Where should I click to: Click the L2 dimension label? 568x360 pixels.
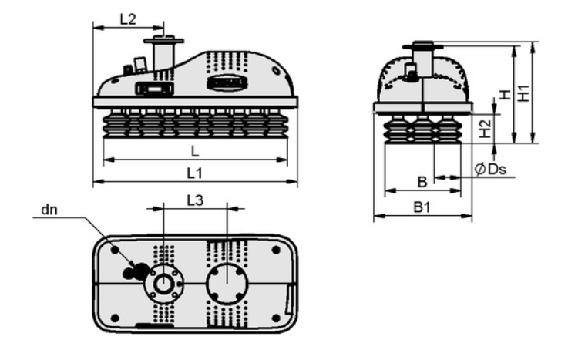coord(127,19)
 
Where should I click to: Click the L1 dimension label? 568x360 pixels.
coord(194,173)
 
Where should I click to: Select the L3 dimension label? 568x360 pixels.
coord(195,200)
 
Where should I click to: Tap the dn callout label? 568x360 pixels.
coord(49,210)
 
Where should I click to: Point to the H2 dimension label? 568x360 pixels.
coord(485,129)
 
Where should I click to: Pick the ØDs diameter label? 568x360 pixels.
coord(490,169)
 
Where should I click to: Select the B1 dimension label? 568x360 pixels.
coord(422,207)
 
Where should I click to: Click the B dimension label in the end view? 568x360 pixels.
coord(422,182)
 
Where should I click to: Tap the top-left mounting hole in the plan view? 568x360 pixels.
coord(115,250)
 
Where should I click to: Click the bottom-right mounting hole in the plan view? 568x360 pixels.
coord(276,318)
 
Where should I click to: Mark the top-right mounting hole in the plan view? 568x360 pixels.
coord(276,250)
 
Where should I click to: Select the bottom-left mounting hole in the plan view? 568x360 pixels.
coord(115,318)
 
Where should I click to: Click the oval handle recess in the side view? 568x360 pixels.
coord(227,82)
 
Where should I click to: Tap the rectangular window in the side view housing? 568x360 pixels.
coord(153,89)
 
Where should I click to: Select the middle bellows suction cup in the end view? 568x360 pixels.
coord(423,129)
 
